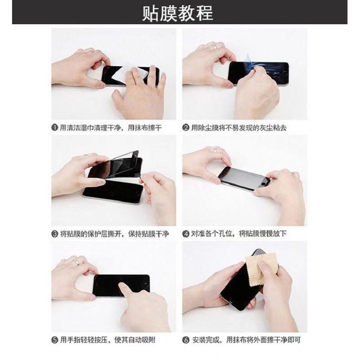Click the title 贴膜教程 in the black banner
(178, 13)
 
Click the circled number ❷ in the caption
(186, 128)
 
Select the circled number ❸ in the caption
(55, 234)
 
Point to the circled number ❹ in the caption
(186, 234)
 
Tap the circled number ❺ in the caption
(55, 340)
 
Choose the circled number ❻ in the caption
(186, 340)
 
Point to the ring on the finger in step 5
(76, 263)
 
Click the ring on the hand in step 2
(215, 47)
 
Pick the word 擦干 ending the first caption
(155, 128)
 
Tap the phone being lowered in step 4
(244, 178)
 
